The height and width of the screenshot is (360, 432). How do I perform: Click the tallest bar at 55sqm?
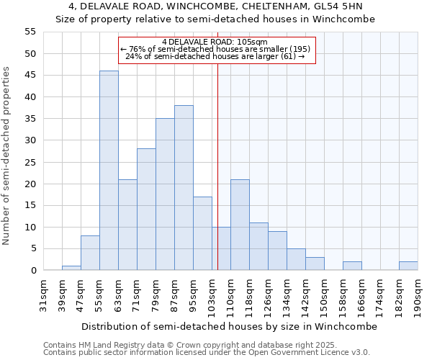tap(109, 171)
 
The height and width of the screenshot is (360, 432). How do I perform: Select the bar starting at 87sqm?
tap(184, 188)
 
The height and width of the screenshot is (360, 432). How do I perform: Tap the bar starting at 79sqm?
tap(165, 194)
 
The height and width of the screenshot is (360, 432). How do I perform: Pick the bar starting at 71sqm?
tap(146, 210)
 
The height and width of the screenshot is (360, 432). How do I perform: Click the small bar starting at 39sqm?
tap(71, 268)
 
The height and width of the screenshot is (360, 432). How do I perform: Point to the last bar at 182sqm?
tap(408, 266)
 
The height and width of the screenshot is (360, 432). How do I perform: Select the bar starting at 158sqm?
tap(352, 266)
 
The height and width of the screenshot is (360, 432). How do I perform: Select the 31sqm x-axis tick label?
tap(43, 295)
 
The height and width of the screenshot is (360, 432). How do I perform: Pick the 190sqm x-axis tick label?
tap(418, 295)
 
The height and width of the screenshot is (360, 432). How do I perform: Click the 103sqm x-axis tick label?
tap(212, 295)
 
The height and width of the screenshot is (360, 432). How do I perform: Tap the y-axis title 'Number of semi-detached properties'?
tap(7, 156)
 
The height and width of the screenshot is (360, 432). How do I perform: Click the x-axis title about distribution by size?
tap(229, 326)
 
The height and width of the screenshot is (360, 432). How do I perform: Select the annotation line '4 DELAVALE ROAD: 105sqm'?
tap(215, 42)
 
